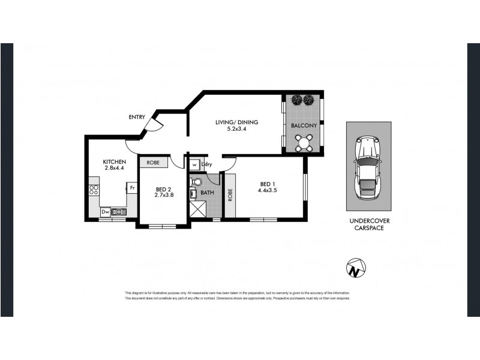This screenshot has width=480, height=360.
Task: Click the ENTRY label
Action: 136,117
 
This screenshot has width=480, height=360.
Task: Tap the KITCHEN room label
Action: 115,162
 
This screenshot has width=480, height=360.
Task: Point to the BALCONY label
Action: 303,126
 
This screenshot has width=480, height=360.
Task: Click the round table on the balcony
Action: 303,142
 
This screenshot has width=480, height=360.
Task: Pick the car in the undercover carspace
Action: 368,167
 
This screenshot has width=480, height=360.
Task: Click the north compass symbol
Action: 356,267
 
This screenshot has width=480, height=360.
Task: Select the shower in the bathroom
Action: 199,209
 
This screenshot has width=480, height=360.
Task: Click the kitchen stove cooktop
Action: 94,191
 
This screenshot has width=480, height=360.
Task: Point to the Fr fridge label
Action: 132,188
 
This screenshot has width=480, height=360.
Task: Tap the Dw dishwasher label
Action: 105,211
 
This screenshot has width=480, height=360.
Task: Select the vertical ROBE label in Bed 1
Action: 230,195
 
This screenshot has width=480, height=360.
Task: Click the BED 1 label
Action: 268,184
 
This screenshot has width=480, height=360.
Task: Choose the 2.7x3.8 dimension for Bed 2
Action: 164,194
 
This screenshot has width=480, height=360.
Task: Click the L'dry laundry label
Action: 208,164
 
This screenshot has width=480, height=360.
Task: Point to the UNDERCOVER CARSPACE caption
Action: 368,224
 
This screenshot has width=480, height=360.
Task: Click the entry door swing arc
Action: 155,124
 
